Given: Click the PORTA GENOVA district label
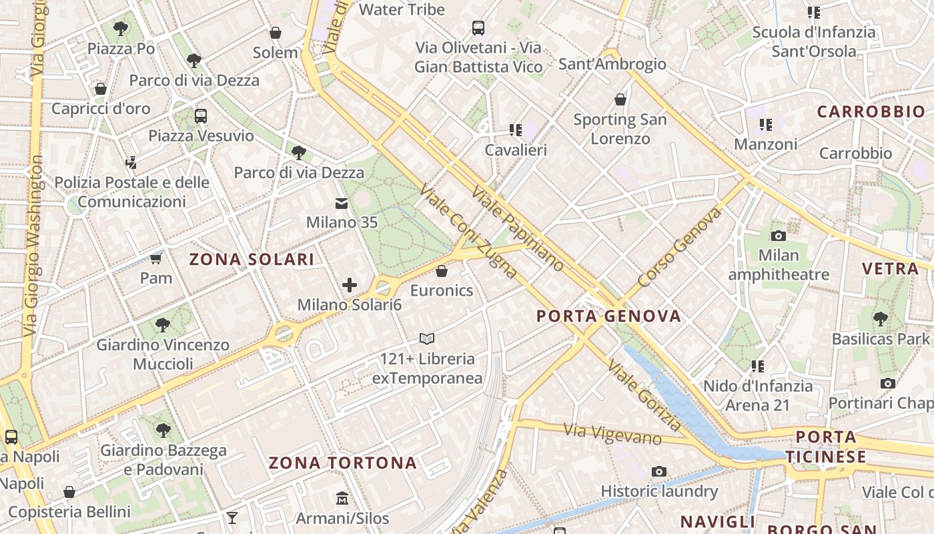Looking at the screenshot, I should (x=609, y=316).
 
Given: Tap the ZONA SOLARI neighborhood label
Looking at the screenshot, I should (x=252, y=260).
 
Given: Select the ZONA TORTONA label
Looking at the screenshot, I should (x=342, y=463).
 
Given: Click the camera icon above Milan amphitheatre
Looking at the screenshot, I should (x=778, y=236).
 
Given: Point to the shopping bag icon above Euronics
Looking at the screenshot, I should (x=441, y=271).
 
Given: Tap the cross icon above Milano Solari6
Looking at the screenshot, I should (x=349, y=286).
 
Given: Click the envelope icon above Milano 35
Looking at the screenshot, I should (x=342, y=204).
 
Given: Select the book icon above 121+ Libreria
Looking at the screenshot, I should (x=427, y=339).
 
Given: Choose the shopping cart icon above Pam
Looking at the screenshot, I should (x=155, y=258).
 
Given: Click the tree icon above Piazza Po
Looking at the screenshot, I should (x=121, y=29).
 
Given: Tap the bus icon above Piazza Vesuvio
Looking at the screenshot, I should (x=201, y=116).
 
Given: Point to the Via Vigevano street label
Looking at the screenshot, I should (x=612, y=435).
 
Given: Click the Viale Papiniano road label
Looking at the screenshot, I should (x=518, y=228).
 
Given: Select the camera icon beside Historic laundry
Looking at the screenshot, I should (x=659, y=472).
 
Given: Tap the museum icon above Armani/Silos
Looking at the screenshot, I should (x=342, y=499).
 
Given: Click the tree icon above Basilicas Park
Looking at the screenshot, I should (x=880, y=319).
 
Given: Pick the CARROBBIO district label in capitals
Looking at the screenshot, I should (x=871, y=111).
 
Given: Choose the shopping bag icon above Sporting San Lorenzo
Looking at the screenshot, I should (x=620, y=99).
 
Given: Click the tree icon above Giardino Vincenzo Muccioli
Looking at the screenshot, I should (x=162, y=325).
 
